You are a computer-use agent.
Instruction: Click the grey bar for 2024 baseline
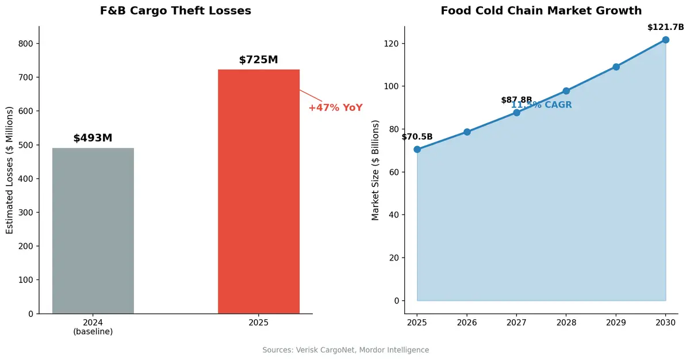(93, 231)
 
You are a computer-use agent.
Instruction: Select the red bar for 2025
(259, 192)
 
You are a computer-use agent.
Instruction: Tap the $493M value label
(93, 138)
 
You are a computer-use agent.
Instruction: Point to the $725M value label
(259, 60)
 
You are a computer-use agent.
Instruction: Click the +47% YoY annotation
(335, 108)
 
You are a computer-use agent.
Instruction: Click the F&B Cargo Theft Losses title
(175, 11)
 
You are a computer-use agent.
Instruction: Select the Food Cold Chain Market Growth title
(541, 11)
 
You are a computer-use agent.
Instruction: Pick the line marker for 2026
(467, 132)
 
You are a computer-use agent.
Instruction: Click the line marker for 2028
(566, 91)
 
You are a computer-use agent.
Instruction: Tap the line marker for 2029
(616, 67)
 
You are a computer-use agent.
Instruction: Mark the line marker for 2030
(665, 40)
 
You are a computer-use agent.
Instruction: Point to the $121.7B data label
(665, 27)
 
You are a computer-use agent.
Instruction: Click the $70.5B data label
(417, 137)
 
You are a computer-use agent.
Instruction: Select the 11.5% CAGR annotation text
(542, 105)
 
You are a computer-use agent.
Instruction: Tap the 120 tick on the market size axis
(391, 44)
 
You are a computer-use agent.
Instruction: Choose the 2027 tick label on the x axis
(516, 323)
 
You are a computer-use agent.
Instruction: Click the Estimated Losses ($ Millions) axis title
(10, 170)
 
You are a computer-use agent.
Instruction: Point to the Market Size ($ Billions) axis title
(375, 170)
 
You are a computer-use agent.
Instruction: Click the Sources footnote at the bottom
(346, 350)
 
